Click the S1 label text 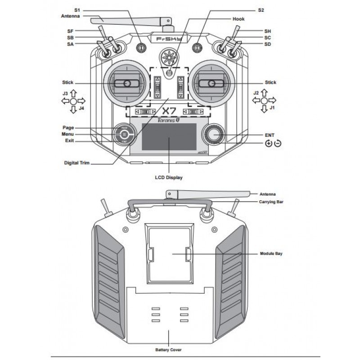pos(76,9)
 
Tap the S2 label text pos(261,9)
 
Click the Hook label pos(238,19)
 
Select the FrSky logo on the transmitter pos(169,39)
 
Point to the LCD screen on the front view pos(169,137)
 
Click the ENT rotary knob pos(213,134)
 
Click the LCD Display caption pos(168,178)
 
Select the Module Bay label pos(271,254)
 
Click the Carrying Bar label pos(271,202)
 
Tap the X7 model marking pos(168,111)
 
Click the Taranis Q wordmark pos(169,121)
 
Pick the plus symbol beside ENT pos(269,144)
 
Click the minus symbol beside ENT pos(278,144)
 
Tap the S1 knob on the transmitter pos(141,47)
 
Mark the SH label pos(267,31)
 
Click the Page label pos(68,128)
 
